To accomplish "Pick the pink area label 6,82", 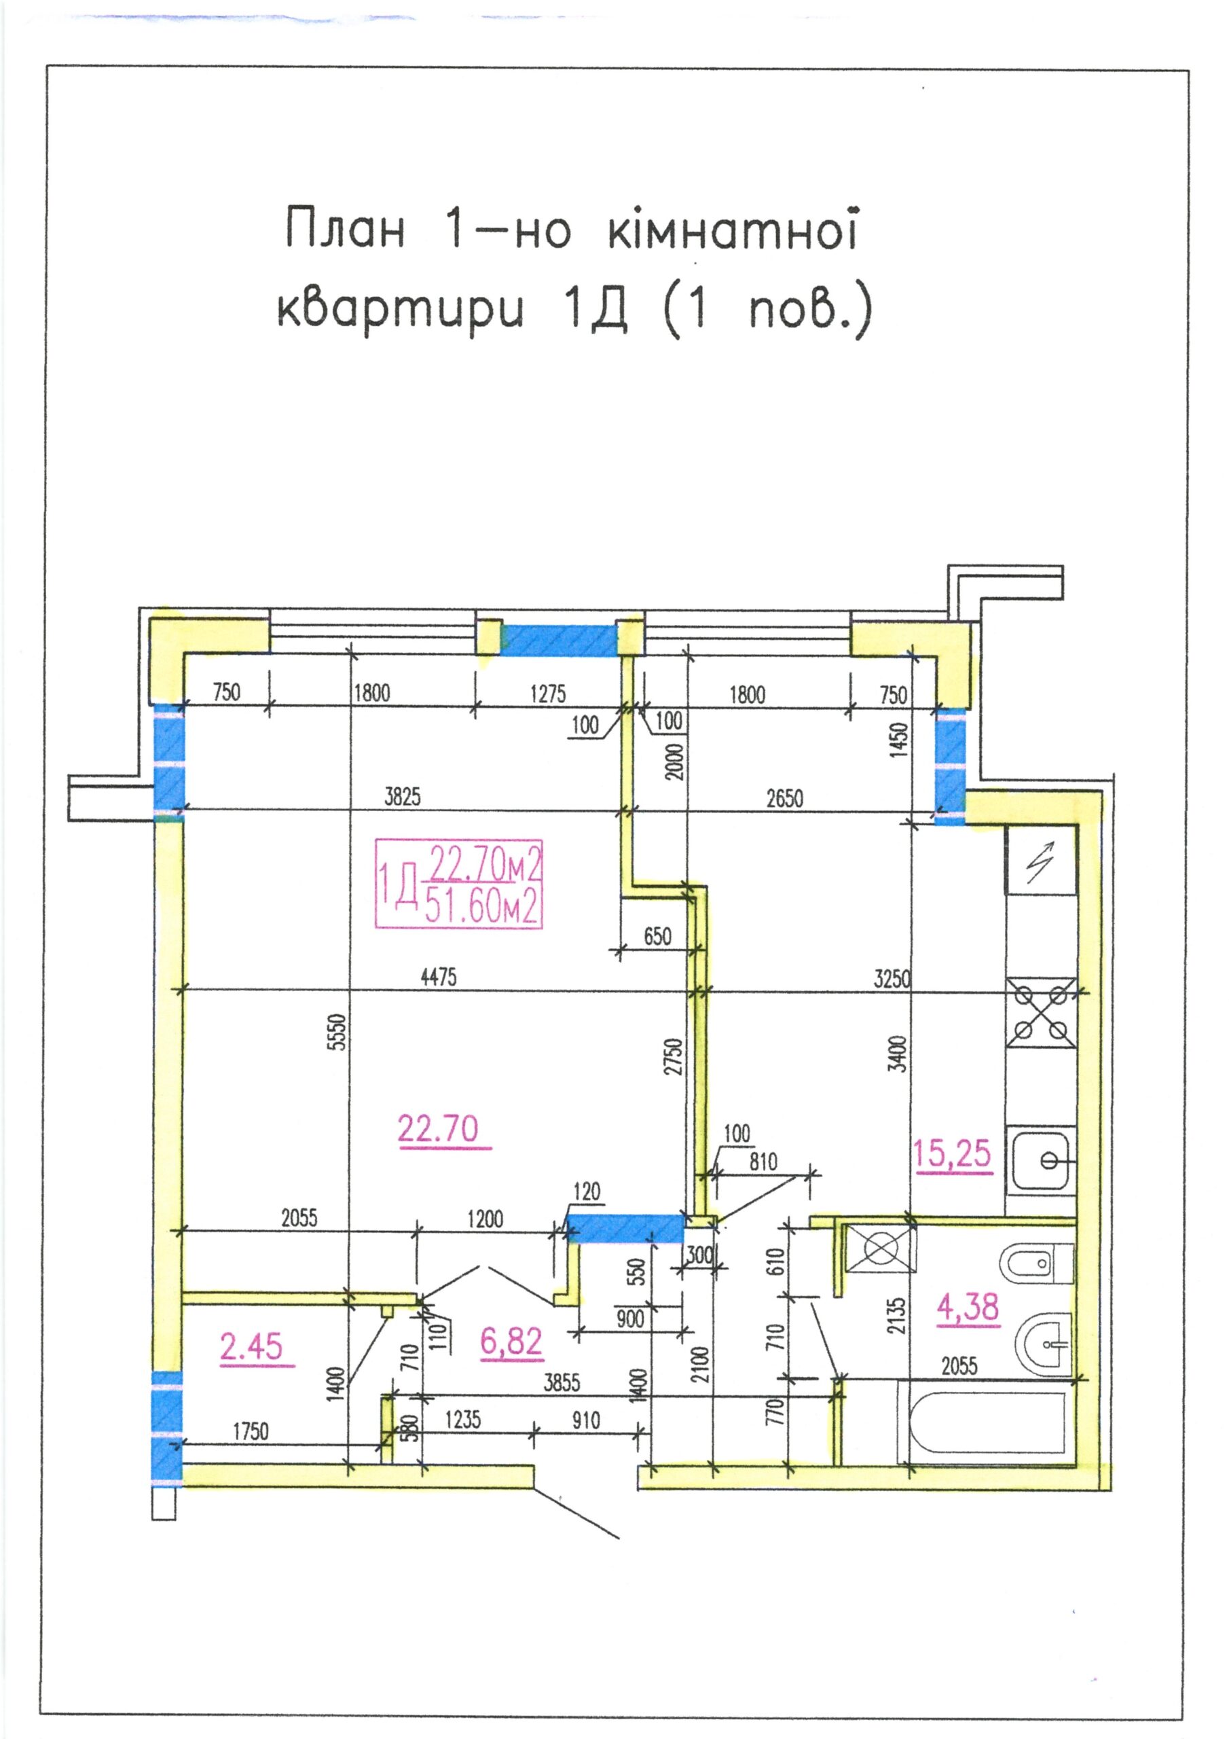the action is (x=511, y=1342).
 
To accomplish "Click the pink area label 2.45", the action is (x=251, y=1346).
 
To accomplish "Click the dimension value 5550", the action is (x=340, y=1032).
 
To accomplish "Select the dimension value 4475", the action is (x=439, y=977).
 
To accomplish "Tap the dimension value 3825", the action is (x=402, y=796).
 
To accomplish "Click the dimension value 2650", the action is (x=784, y=797).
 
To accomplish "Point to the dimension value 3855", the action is (x=562, y=1383).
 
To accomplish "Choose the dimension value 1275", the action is (x=547, y=694).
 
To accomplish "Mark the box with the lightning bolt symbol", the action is (x=1041, y=861).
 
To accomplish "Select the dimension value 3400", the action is (x=898, y=1054).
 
